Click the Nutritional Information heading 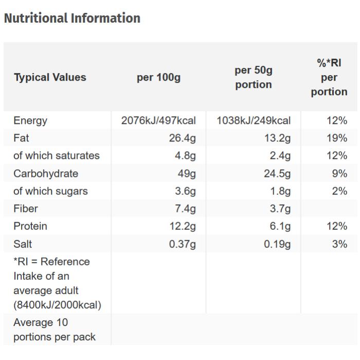tap(72, 18)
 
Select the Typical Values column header tap(50, 77)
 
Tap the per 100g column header tap(158, 77)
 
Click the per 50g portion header tap(253, 77)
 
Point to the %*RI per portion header tap(329, 77)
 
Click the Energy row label tap(30, 120)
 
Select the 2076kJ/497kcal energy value tap(158, 120)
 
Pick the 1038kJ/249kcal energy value tap(254, 120)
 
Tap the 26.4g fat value tap(183, 138)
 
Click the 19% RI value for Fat tap(337, 138)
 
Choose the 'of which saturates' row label tap(57, 155)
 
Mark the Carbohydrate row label tap(46, 173)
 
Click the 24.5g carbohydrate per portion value tap(277, 173)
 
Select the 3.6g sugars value tap(185, 191)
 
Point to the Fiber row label tap(26, 208)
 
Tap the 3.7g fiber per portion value tap(280, 208)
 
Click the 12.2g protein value tap(183, 226)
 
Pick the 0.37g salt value tap(183, 244)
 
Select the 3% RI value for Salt tap(339, 244)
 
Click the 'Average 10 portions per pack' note tap(55, 330)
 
